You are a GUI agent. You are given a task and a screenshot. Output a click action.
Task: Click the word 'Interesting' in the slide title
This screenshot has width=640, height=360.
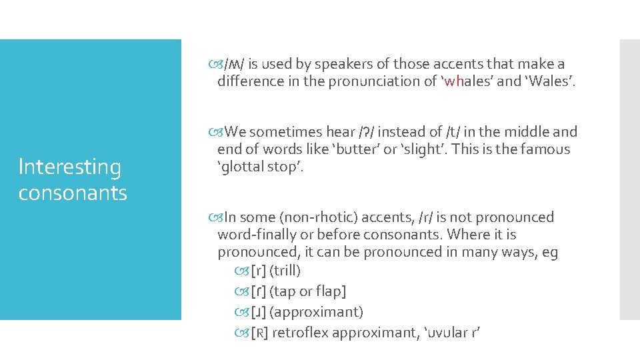tap(70, 167)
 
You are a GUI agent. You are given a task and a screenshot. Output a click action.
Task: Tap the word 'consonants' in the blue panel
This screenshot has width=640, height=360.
tap(73, 193)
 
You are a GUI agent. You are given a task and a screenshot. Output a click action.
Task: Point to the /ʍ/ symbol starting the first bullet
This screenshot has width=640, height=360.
tap(233, 64)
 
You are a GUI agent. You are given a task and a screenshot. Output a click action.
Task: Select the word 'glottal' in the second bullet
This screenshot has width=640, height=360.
tap(244, 167)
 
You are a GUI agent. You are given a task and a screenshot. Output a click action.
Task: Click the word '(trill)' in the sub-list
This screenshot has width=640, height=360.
tap(285, 271)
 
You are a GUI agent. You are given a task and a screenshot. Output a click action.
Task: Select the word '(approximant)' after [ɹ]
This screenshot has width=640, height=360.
tap(316, 312)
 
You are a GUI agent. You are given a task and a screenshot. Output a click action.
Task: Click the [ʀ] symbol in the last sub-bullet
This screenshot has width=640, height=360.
tap(259, 333)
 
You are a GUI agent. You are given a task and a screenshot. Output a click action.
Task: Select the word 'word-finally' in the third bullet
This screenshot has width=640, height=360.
tap(255, 235)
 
